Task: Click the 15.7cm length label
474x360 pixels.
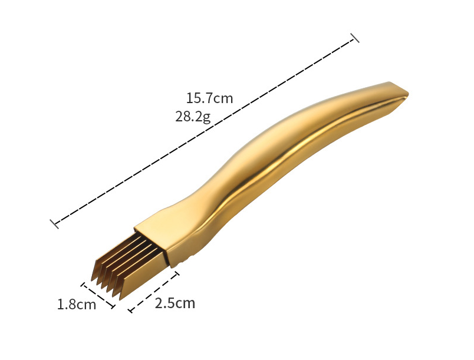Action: point(209,98)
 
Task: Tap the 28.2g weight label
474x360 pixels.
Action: point(193,117)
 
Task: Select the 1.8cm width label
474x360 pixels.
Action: point(77,305)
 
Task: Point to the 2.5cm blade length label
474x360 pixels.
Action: point(175,303)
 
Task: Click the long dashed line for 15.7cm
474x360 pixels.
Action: point(205,131)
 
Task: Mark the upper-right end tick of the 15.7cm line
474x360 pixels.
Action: point(354,38)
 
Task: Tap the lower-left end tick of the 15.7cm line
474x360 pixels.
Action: point(54,224)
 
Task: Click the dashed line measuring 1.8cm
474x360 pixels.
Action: point(98,295)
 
